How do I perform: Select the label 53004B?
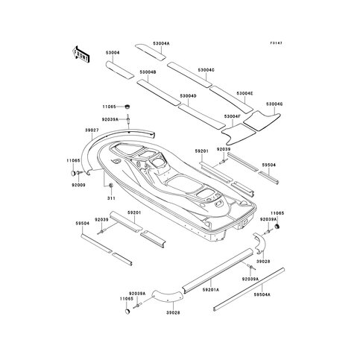point(147,72)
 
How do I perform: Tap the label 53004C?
point(206,70)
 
